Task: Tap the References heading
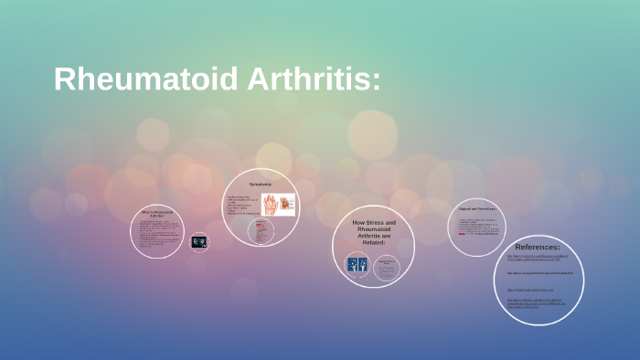538,247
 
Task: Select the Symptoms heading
261,185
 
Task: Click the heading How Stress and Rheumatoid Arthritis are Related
374,232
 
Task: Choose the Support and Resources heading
477,209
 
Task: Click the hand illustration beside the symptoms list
279,205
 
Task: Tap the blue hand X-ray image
357,266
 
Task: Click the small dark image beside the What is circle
199,242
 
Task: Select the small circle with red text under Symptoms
261,232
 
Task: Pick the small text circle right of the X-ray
387,267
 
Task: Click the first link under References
538,259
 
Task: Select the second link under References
539,273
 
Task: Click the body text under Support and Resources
477,225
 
